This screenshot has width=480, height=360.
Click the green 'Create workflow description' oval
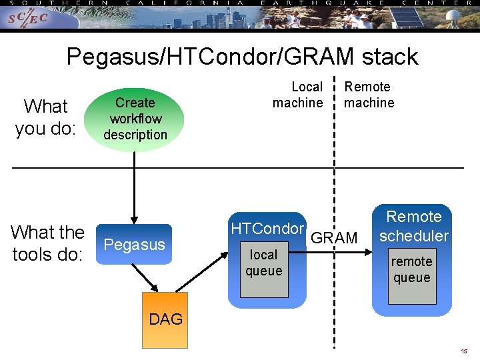point(135,119)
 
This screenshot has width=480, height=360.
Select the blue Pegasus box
point(134,245)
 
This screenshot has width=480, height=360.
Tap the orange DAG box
point(165,319)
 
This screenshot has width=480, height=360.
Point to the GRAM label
point(335,238)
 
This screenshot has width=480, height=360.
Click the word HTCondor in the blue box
point(267,229)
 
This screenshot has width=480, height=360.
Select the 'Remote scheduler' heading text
point(414,226)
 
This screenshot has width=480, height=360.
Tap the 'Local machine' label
point(297,95)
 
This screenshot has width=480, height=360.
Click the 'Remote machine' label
point(368,95)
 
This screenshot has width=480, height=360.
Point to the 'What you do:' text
point(45,117)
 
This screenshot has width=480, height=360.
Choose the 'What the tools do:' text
point(47,243)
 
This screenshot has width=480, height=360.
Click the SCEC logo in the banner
point(28,19)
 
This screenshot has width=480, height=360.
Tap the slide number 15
point(464,351)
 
